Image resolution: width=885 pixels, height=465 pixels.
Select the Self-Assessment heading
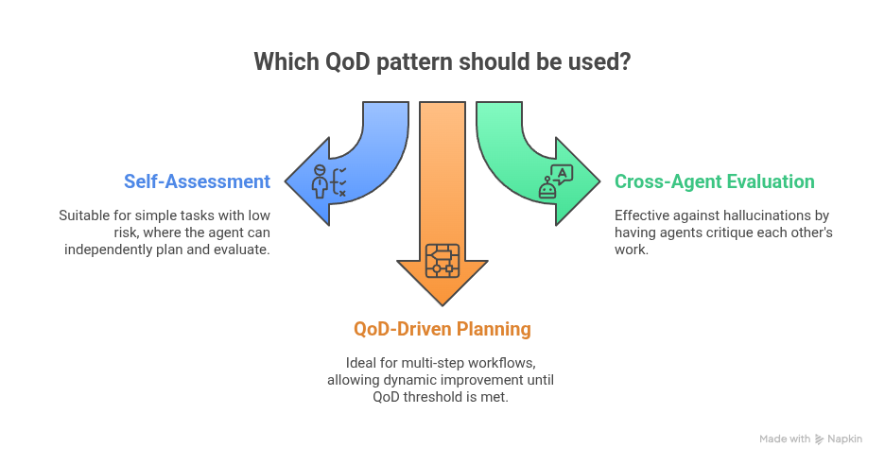[197, 181]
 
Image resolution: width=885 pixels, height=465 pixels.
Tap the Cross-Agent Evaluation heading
[714, 181]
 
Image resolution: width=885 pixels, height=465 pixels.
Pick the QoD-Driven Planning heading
[442, 329]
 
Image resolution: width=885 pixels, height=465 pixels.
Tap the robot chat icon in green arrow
[556, 181]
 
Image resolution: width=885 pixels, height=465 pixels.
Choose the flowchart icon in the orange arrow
[442, 259]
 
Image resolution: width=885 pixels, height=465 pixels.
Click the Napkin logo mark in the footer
[819, 439]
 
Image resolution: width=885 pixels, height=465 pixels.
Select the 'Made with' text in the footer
[785, 439]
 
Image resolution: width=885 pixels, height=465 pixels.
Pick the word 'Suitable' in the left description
[80, 215]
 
